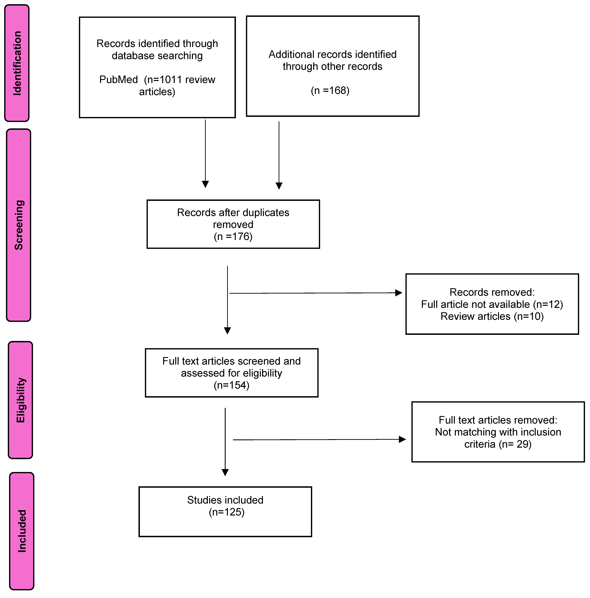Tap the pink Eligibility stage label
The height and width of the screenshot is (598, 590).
[20, 400]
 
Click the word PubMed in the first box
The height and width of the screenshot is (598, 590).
[118, 80]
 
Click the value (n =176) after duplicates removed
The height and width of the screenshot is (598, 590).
[233, 236]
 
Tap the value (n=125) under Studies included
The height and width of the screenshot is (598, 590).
[226, 512]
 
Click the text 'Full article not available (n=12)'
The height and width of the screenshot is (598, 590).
[492, 304]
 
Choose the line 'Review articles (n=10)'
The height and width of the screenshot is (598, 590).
[492, 316]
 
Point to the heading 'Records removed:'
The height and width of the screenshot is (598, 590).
[492, 292]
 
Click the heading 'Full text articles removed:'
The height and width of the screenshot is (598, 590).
[498, 420]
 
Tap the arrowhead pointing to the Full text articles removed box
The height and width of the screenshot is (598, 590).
[402, 439]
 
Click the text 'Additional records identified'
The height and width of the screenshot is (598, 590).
[332, 55]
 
